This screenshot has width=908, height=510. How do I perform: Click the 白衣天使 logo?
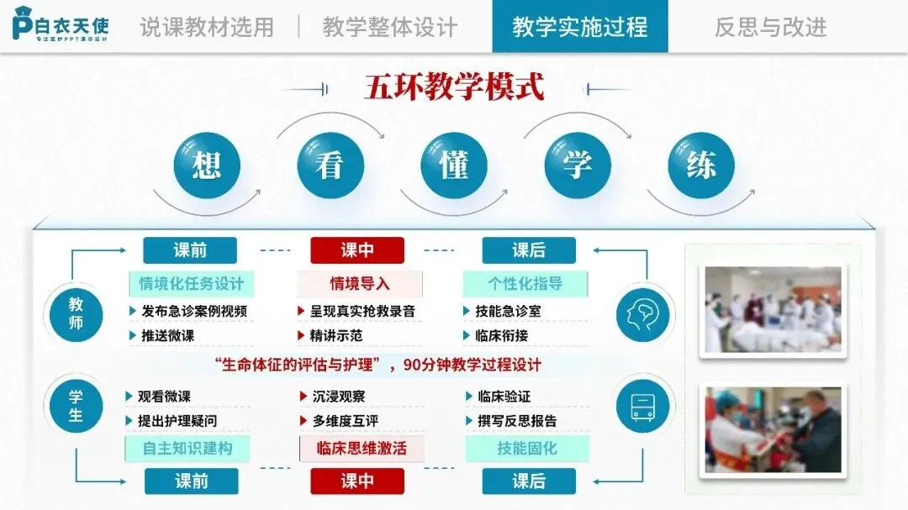pos(61,26)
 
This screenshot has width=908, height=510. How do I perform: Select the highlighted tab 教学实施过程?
pos(579,27)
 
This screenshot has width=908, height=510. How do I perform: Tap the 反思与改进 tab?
pos(770,27)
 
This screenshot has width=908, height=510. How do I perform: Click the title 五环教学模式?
pos(454,87)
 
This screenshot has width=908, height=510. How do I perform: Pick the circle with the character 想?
pos(206,166)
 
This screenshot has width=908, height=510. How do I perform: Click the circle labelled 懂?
pos(453,166)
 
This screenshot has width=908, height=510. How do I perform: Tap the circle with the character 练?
pos(700,166)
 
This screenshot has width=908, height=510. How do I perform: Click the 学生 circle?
pos(77,405)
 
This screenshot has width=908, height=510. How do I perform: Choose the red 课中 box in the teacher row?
pos(357,250)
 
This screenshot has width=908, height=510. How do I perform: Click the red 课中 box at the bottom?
pos(357,481)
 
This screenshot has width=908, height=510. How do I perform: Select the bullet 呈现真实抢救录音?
pos(362,311)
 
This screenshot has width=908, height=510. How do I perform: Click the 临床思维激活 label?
pos(361,449)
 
